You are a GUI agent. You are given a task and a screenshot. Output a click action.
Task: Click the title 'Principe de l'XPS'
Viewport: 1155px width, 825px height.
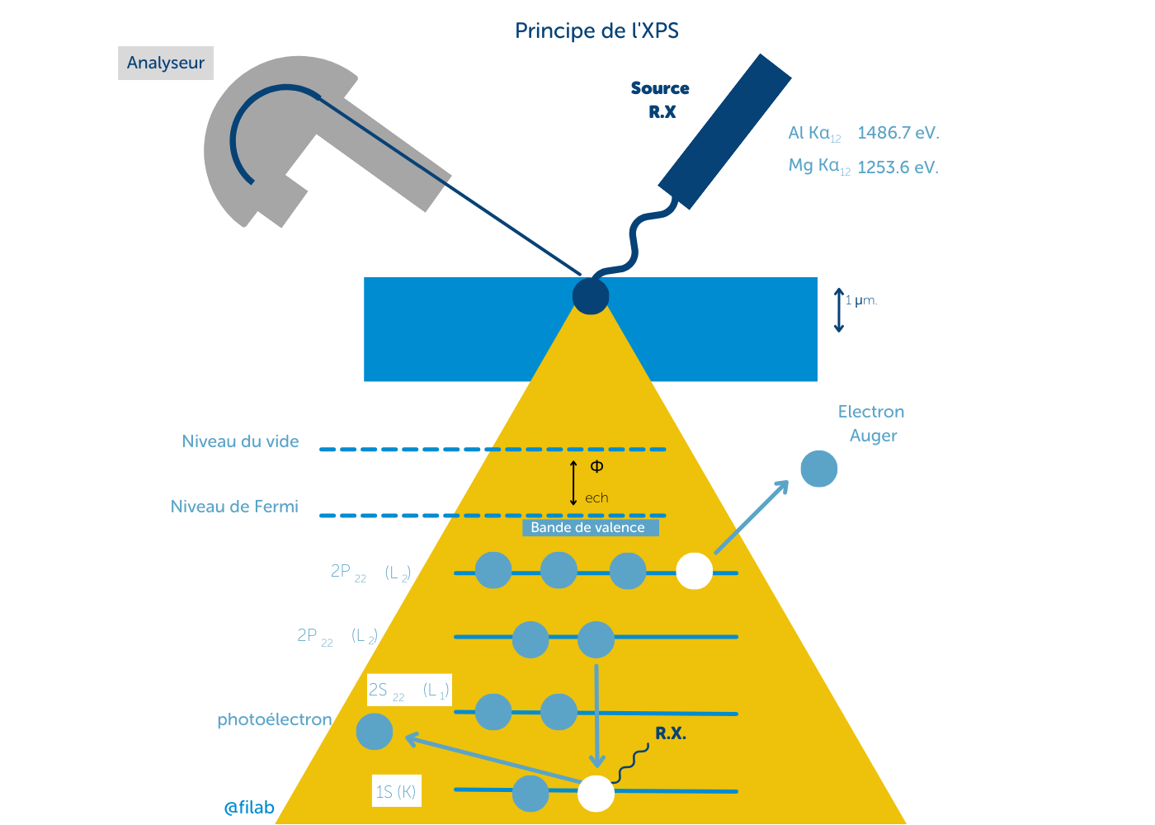click(x=596, y=31)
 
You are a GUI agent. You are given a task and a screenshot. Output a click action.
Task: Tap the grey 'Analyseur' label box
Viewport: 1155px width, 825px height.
click(x=166, y=63)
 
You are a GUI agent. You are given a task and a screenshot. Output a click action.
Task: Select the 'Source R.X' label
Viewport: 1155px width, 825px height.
click(x=660, y=100)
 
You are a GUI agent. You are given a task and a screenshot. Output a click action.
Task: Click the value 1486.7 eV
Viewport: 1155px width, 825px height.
click(x=898, y=133)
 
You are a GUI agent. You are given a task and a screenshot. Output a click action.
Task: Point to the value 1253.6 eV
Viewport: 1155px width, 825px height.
click(x=898, y=167)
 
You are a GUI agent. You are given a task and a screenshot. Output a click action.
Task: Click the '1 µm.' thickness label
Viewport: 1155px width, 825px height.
click(x=861, y=300)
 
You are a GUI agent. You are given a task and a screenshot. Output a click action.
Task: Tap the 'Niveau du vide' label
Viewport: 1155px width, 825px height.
click(x=240, y=441)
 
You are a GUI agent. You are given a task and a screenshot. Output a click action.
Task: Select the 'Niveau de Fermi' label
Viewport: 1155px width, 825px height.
click(x=234, y=507)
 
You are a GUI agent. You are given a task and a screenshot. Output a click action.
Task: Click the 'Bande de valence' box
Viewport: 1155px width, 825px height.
click(x=589, y=527)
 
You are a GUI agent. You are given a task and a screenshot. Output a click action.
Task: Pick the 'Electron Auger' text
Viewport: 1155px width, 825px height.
click(x=871, y=423)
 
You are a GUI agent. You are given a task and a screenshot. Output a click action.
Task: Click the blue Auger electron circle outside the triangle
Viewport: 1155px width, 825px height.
click(x=818, y=469)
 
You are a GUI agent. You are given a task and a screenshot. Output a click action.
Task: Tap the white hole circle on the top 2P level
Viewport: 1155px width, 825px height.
click(x=694, y=571)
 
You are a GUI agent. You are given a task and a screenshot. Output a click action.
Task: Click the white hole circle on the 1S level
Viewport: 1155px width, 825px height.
click(x=596, y=794)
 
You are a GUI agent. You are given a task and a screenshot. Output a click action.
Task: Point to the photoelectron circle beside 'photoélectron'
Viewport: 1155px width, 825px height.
click(x=375, y=732)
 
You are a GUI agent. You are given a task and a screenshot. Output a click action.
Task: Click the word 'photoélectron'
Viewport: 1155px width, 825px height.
click(x=275, y=719)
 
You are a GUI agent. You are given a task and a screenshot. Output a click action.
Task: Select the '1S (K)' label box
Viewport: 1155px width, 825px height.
click(x=396, y=791)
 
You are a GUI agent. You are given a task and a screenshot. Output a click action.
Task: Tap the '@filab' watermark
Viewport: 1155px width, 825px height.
click(x=249, y=808)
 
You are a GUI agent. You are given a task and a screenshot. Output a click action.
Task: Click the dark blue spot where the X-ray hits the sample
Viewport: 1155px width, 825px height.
click(x=591, y=296)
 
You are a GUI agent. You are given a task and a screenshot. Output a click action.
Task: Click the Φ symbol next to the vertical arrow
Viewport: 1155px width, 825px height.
click(x=596, y=466)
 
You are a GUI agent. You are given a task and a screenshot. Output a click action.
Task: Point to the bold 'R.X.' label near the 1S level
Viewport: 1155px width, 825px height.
click(x=670, y=733)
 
